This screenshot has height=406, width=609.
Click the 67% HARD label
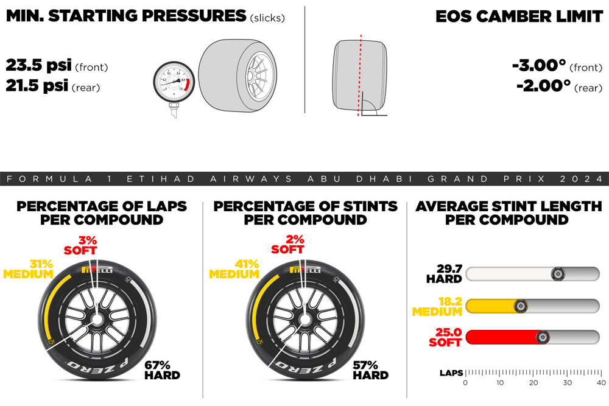(x=162, y=369)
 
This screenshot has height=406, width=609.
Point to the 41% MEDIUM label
(x=234, y=269)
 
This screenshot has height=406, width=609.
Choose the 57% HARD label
(x=370, y=369)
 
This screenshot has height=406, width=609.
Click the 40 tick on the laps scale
(x=601, y=382)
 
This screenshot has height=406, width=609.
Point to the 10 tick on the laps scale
(x=500, y=382)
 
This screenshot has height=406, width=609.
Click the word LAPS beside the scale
(x=451, y=373)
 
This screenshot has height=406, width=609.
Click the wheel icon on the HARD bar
(x=557, y=274)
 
